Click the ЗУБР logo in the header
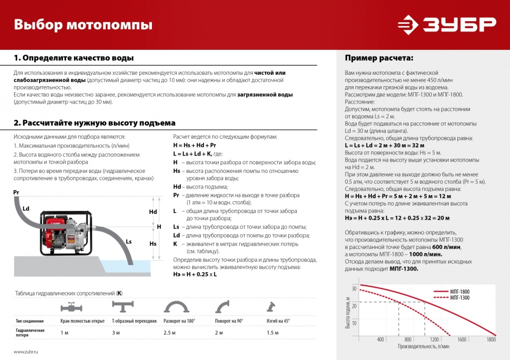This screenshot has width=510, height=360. click(x=447, y=25)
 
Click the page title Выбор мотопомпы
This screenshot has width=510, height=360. click(x=82, y=25)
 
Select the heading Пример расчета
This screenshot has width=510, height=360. click(x=379, y=58)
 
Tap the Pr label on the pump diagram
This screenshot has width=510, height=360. click(x=16, y=192)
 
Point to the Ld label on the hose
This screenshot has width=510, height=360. click(x=25, y=208)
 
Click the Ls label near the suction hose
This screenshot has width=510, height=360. click(x=129, y=241)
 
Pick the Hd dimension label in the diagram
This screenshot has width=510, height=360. click(x=153, y=212)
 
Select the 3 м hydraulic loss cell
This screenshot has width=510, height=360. click(x=116, y=332)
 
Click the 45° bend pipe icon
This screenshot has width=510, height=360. click(x=271, y=307)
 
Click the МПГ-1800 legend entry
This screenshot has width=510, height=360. click(x=459, y=292)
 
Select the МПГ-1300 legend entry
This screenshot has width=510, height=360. click(x=459, y=298)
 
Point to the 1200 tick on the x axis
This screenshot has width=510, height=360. click(x=435, y=340)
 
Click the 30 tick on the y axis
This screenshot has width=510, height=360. click(x=354, y=289)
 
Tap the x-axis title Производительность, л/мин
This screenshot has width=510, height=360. click(x=424, y=346)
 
